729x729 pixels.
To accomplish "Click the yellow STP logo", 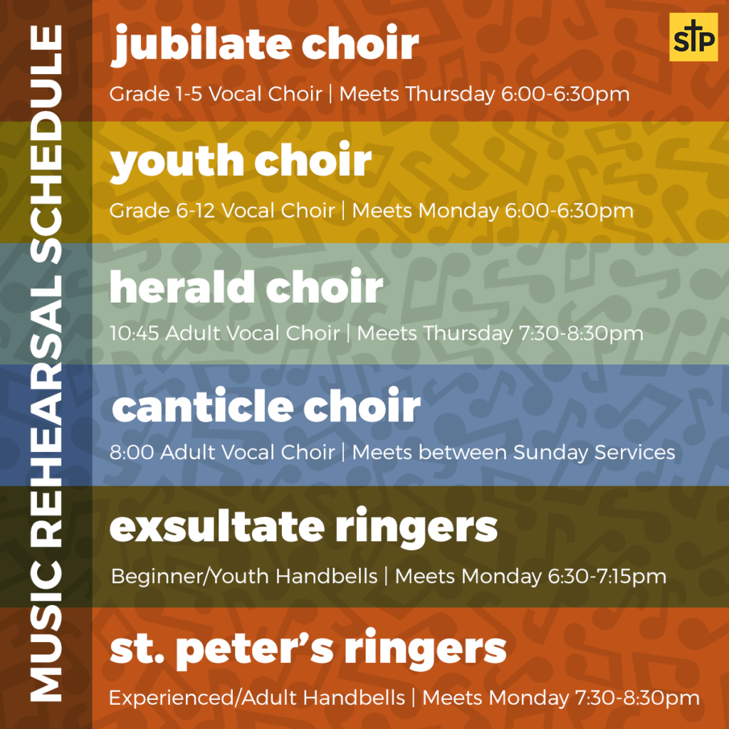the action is [693, 37].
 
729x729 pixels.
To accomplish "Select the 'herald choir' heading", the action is [246, 287].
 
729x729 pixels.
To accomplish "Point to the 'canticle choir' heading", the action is [266, 405].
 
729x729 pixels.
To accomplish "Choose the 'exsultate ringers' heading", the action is [303, 528].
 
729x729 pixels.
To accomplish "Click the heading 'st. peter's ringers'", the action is [308, 649].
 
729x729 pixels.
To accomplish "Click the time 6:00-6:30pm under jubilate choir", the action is [565, 95].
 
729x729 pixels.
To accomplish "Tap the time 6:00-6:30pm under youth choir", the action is [569, 211].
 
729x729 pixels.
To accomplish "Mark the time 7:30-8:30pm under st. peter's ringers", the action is [637, 698].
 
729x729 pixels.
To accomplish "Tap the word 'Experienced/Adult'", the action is [202, 698].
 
